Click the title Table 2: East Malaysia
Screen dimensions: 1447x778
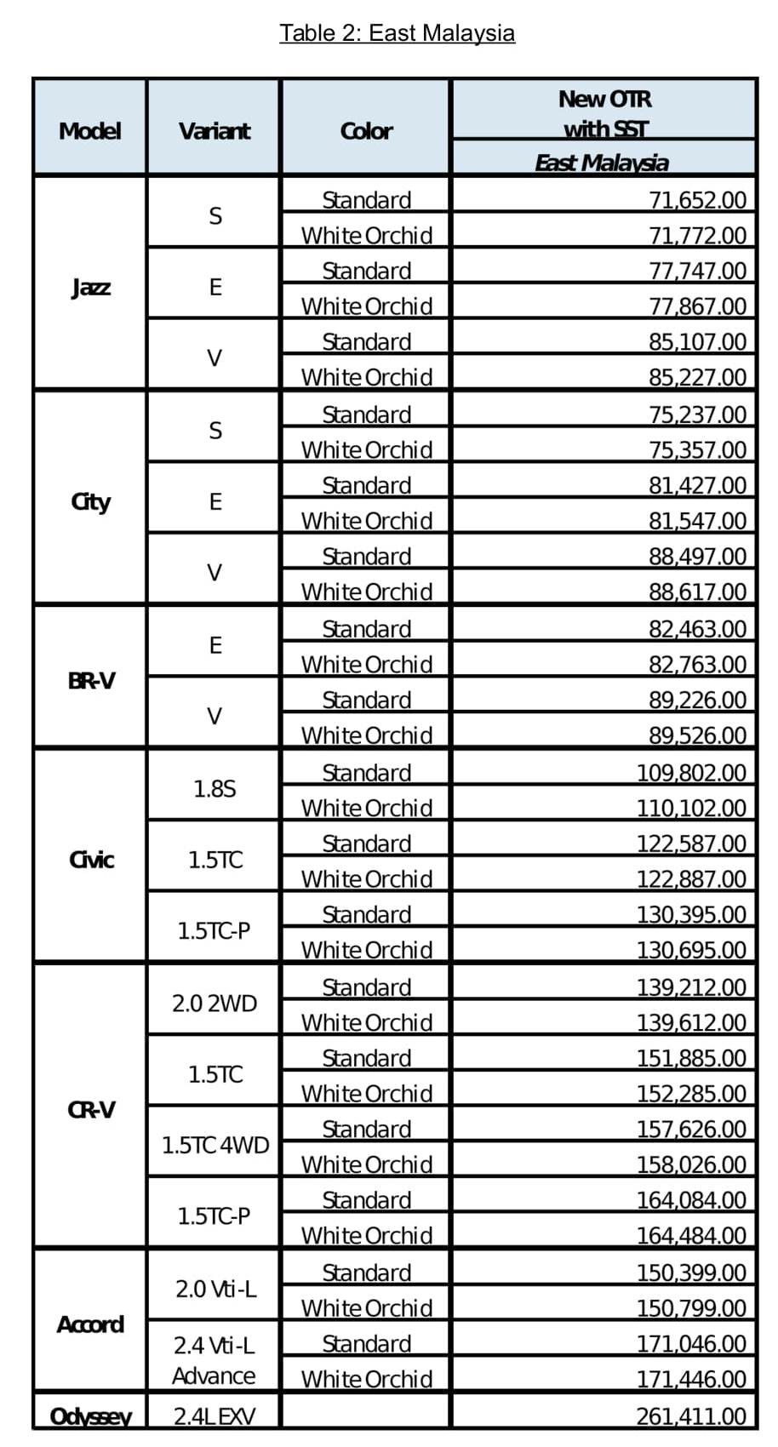(397, 33)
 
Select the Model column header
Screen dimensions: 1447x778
(89, 131)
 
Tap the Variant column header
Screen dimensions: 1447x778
(215, 131)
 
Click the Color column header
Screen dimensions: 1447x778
(366, 131)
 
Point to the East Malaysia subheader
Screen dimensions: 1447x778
(602, 163)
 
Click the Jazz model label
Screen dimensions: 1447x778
(90, 287)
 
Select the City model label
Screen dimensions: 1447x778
(90, 501)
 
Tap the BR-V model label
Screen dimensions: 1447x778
(90, 681)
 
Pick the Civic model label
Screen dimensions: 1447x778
(90, 860)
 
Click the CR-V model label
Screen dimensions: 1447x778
(90, 1110)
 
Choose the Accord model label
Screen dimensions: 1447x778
(90, 1324)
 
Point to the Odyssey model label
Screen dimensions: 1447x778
(90, 1416)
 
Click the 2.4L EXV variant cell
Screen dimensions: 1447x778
(215, 1416)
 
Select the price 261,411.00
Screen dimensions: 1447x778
(691, 1416)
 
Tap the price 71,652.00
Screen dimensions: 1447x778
(697, 200)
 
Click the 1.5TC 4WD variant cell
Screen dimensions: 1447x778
(215, 1145)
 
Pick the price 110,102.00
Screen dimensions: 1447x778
(691, 808)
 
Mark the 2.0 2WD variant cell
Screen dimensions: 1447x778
(215, 1004)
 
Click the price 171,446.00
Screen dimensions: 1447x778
(691, 1379)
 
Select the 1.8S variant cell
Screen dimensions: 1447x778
(215, 789)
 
